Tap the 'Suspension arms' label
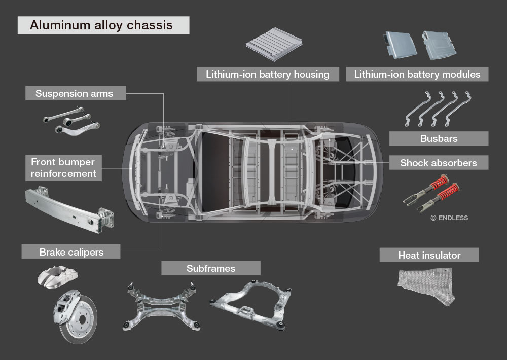[x=75, y=93]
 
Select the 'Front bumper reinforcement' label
[x=63, y=168]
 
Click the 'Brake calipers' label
[x=71, y=251]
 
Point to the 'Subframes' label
[x=211, y=268]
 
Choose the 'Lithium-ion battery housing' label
[x=268, y=75]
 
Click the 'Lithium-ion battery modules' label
[x=417, y=75]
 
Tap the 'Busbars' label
[x=439, y=138]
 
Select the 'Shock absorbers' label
[x=439, y=163]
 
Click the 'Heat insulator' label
[x=429, y=255]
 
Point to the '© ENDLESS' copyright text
[x=449, y=218]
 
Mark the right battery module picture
[x=439, y=44]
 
